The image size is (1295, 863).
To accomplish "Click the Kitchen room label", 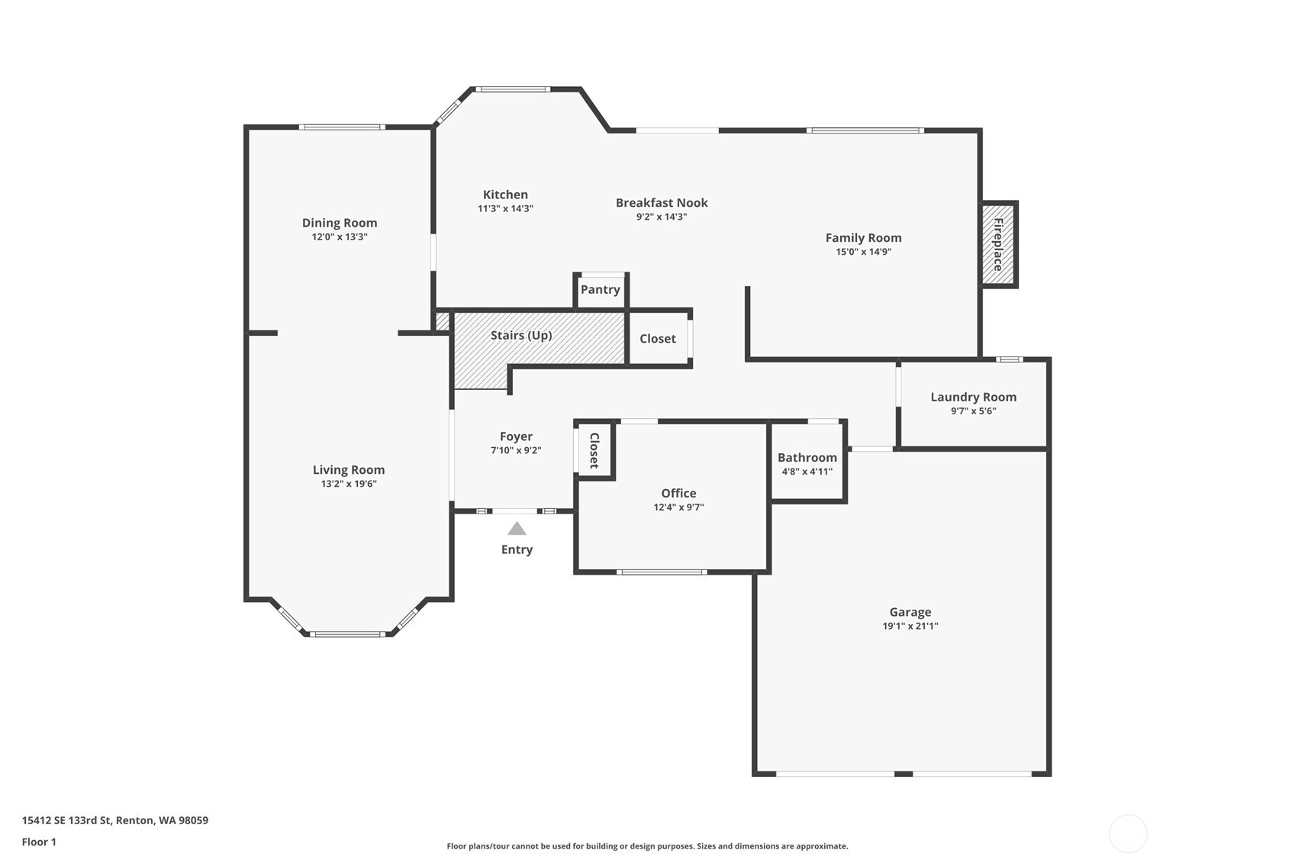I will [x=505, y=195].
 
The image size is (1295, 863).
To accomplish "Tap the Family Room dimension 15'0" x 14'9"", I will [x=863, y=252].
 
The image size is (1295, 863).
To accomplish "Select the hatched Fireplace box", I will [x=998, y=244].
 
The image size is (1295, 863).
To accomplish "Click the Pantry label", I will [x=600, y=289].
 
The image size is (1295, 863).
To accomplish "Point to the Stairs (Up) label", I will [x=521, y=335].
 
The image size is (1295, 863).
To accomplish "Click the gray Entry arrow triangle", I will [x=517, y=529].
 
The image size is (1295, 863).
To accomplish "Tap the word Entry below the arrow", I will [x=517, y=549].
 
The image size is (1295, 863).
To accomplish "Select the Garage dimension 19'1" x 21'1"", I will [x=910, y=626].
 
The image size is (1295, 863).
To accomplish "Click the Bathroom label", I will [x=807, y=457].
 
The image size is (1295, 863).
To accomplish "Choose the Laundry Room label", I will [x=973, y=397].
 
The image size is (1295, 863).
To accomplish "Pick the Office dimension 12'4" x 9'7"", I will [x=678, y=507].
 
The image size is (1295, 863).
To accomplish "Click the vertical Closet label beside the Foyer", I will [x=594, y=450].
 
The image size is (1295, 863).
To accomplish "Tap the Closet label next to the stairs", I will [x=657, y=338].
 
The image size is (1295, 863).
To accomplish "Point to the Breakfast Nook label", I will [x=662, y=202].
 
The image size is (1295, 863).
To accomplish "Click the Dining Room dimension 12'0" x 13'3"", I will [x=340, y=237].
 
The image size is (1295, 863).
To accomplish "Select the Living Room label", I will [x=349, y=470].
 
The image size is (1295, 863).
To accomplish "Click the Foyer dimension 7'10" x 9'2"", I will [x=516, y=451].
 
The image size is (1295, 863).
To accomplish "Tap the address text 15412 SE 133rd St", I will [x=66, y=820].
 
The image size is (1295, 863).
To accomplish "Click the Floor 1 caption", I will [x=39, y=842].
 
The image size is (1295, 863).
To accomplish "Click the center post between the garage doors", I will [x=903, y=774].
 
